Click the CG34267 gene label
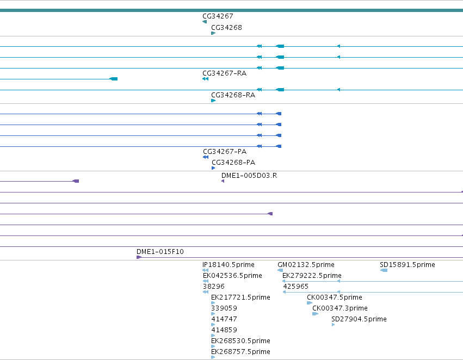(x=218, y=16)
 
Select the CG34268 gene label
(x=226, y=28)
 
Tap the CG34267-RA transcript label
(x=224, y=73)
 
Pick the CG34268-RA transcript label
(x=233, y=95)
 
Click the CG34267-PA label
(x=225, y=152)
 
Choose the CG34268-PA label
(x=233, y=163)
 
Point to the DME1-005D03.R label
(x=249, y=176)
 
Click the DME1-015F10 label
(x=160, y=252)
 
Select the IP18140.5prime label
(x=229, y=265)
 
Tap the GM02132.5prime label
(x=306, y=265)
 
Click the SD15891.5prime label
(x=408, y=265)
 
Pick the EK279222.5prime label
(x=312, y=276)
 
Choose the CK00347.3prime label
(x=340, y=308)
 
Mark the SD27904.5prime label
(x=359, y=319)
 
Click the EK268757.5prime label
(x=240, y=352)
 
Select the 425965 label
(x=295, y=287)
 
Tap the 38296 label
(x=213, y=287)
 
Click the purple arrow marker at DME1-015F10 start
(x=139, y=257)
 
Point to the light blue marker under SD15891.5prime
(x=384, y=270)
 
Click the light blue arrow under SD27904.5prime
(x=333, y=325)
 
